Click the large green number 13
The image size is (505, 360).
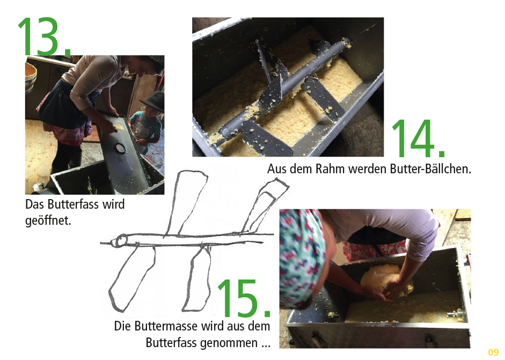pos(44,36)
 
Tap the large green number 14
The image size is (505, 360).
pos(419,138)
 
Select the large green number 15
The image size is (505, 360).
pos(244,298)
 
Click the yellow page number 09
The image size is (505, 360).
pos(493,352)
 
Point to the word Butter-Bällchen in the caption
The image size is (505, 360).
pos(430,168)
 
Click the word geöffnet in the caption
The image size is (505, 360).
pos(48,221)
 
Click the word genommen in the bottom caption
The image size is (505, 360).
pos(229,343)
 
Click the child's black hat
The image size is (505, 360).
pos(152,101)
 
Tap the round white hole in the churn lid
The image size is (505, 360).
pos(121,148)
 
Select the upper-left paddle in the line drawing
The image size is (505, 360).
pos(186,203)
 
